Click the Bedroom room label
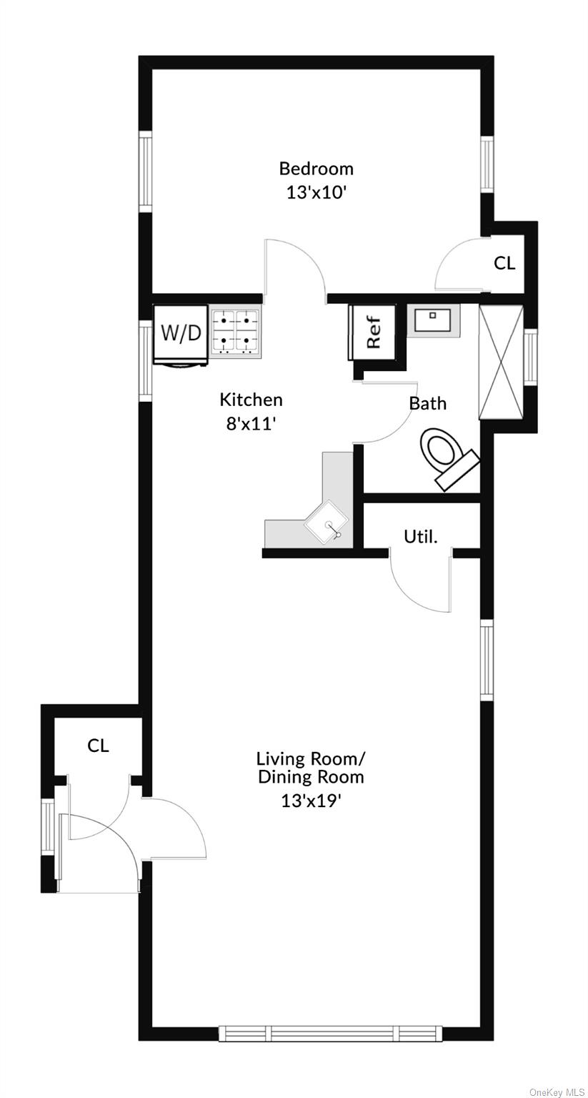click(316, 169)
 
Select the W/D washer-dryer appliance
click(181, 335)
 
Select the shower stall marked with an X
click(502, 362)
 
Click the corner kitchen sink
click(327, 521)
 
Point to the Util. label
click(420, 537)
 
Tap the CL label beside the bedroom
click(504, 263)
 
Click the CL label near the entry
click(98, 746)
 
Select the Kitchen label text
click(251, 400)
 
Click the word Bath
click(428, 403)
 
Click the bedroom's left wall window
click(146, 172)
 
